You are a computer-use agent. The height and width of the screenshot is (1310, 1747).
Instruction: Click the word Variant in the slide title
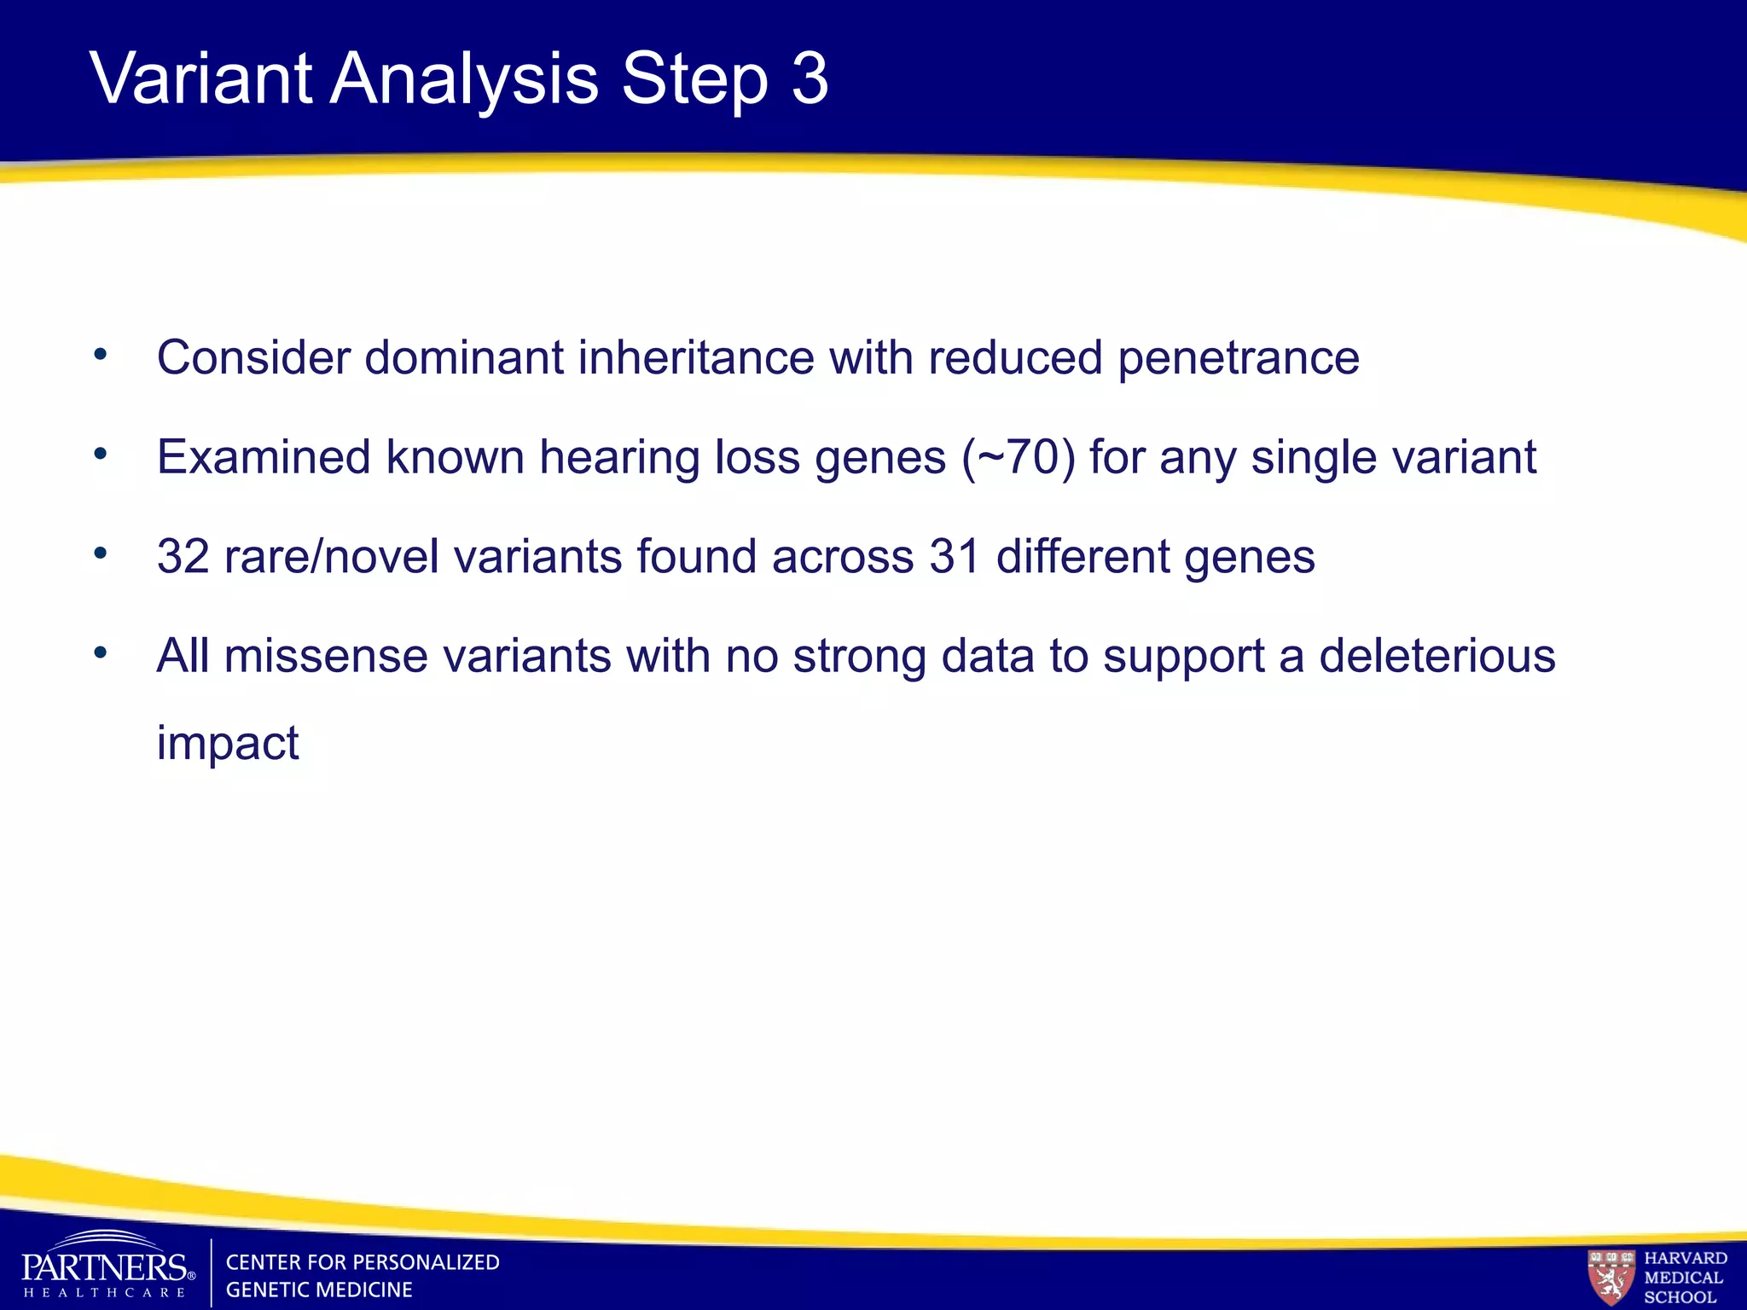201,78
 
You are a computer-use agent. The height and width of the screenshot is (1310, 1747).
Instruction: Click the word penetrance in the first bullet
1239,358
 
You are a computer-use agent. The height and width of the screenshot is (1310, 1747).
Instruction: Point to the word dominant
464,357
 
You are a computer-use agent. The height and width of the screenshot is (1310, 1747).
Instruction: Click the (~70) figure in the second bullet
1019,458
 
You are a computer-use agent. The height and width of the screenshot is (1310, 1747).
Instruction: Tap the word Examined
264,457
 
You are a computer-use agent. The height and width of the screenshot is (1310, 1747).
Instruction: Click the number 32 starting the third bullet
183,557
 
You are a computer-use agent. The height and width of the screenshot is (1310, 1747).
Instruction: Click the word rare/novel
331,557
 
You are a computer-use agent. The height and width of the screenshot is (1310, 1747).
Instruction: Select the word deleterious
1437,657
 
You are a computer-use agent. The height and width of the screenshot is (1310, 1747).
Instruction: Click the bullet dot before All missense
101,653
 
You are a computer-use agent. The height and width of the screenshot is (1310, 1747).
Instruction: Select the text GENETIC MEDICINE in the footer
319,1290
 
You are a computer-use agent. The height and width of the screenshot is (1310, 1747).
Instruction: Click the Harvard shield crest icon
1611,1276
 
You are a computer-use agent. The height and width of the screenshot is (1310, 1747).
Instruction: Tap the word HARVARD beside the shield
1686,1258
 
